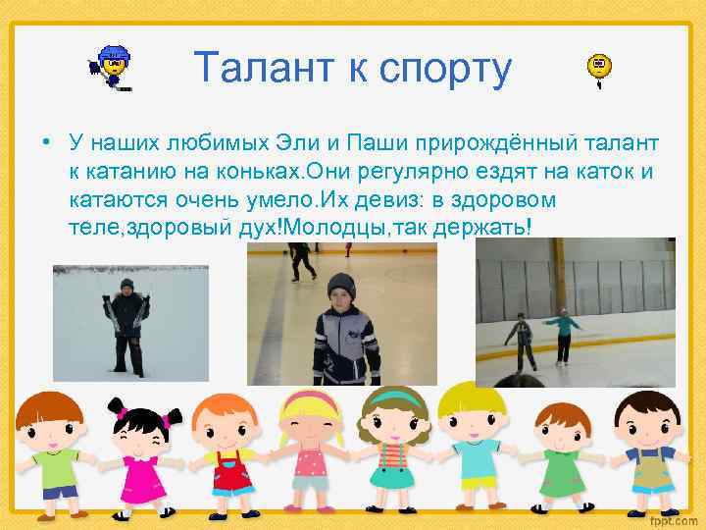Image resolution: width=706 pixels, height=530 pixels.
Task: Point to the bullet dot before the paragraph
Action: point(46,144)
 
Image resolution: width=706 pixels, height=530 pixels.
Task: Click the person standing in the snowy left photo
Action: point(126,324)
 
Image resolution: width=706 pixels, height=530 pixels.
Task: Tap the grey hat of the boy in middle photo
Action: point(339,284)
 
